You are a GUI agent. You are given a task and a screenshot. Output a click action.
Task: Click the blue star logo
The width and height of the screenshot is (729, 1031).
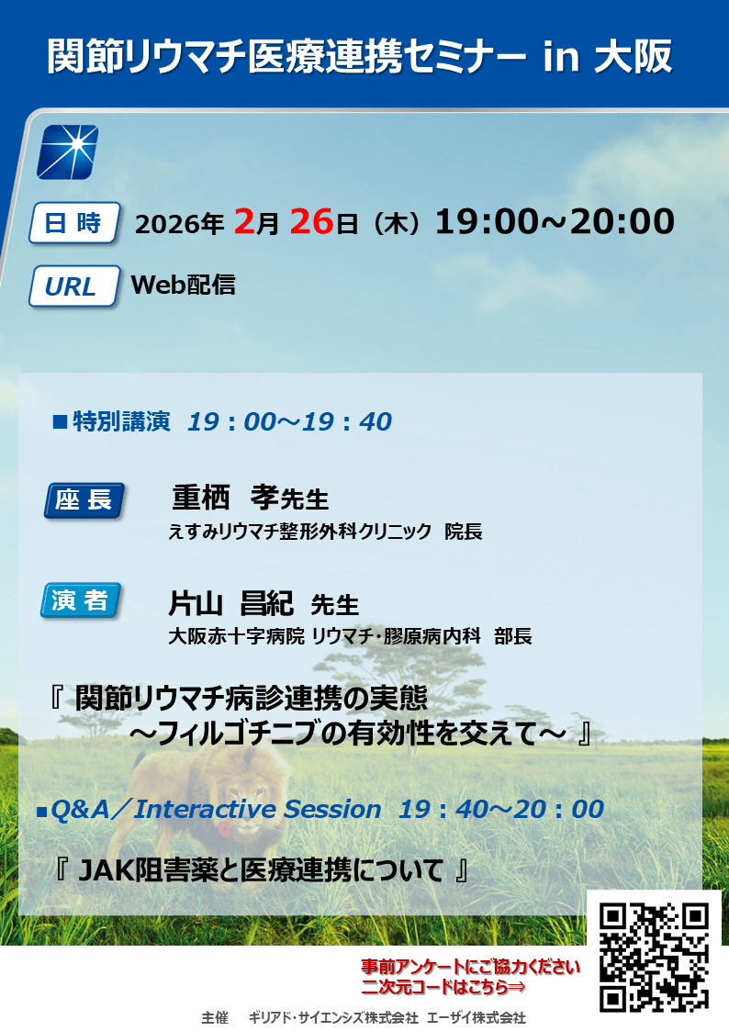(x=67, y=151)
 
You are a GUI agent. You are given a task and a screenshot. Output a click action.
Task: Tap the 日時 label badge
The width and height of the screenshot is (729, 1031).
(x=73, y=224)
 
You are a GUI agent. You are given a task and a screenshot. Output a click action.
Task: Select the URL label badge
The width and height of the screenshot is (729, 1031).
(x=73, y=286)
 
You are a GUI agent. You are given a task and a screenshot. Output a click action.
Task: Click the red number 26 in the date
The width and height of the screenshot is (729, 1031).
(x=311, y=221)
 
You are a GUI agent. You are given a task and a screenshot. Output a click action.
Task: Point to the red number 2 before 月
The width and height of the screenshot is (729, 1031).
(x=244, y=221)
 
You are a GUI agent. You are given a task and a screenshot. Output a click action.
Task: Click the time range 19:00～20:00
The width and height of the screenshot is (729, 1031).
(x=555, y=221)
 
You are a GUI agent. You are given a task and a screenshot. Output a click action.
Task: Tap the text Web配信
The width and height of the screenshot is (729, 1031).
(x=184, y=285)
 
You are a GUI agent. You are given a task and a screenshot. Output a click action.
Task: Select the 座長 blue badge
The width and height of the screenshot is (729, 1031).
(x=84, y=500)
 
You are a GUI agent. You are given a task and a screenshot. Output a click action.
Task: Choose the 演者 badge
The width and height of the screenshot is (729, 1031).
(x=81, y=600)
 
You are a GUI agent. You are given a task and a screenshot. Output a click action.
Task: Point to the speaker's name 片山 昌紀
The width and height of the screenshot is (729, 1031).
(x=230, y=602)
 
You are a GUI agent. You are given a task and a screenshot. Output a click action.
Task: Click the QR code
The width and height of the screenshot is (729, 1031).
(x=655, y=958)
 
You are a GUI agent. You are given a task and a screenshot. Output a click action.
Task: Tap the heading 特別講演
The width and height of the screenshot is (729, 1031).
(x=121, y=421)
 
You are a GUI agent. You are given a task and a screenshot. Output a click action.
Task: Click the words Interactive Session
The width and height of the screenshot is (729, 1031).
(x=258, y=809)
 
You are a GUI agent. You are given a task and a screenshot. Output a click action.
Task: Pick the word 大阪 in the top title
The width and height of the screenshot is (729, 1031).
(x=634, y=57)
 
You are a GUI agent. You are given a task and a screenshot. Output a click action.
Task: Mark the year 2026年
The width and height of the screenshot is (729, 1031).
(x=179, y=224)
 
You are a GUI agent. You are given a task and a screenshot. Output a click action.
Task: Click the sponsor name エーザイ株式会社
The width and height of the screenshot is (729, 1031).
(x=477, y=1018)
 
